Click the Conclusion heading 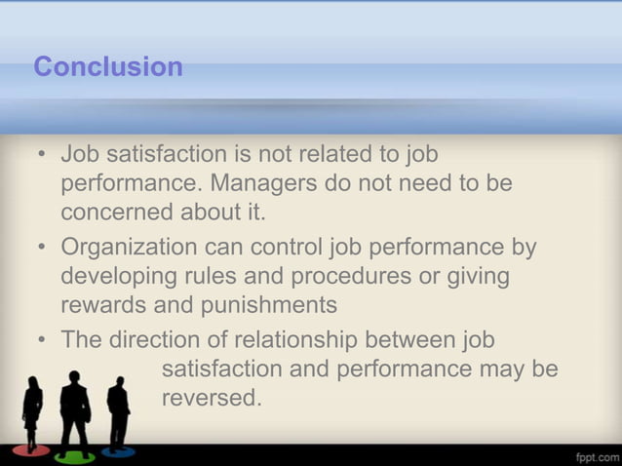(x=108, y=67)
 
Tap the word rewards (x=102, y=305)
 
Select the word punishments (x=269, y=305)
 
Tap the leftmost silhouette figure (x=32, y=415)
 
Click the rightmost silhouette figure (x=118, y=413)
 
